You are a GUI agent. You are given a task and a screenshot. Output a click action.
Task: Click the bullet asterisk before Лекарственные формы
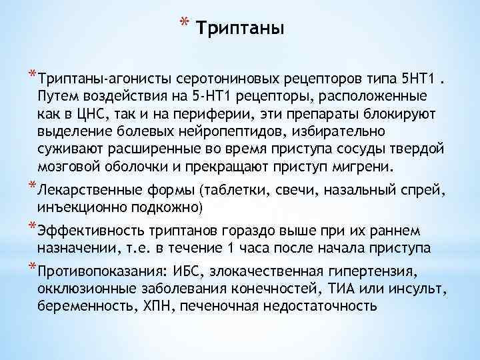coord(31,186)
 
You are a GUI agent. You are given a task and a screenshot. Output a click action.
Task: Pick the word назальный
coord(364,191)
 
